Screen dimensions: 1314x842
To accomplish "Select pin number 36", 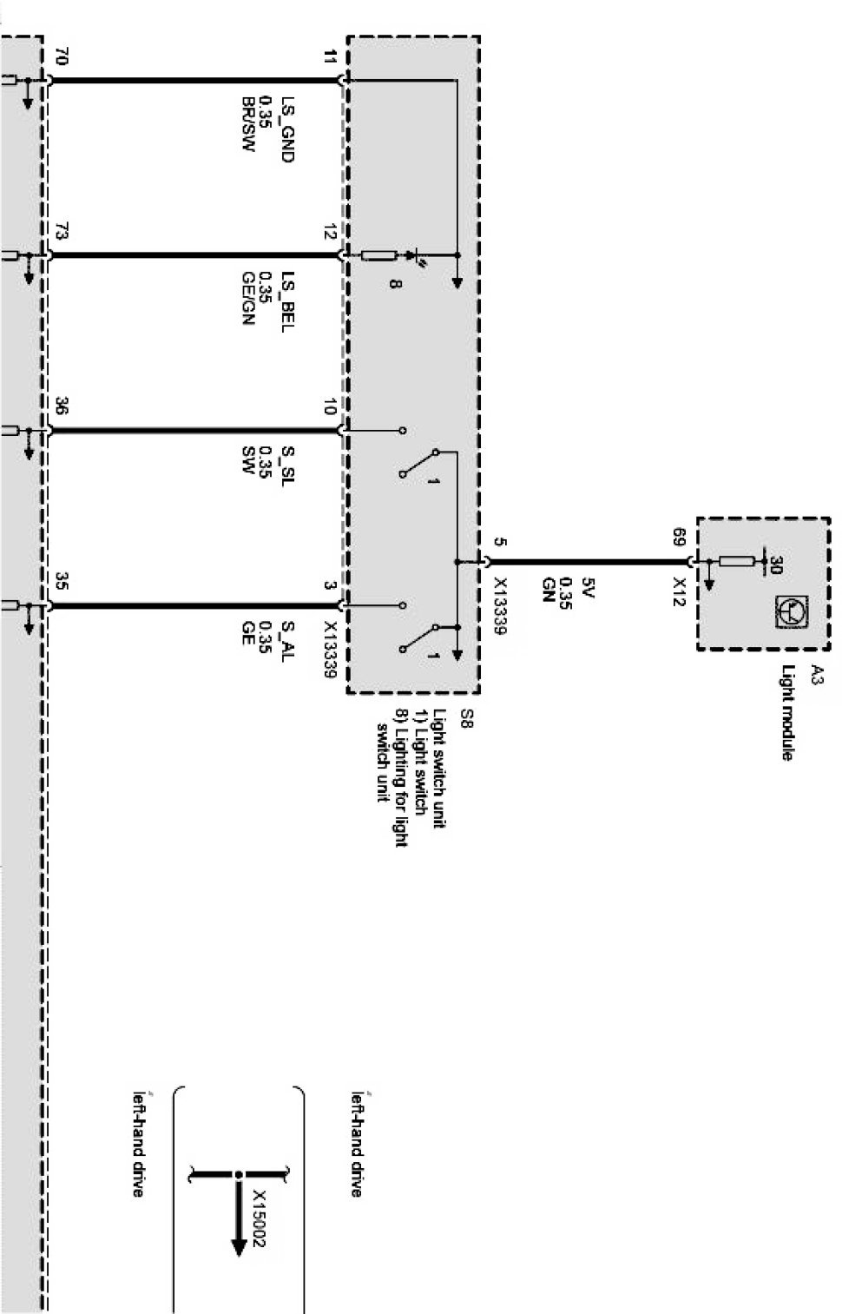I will [x=61, y=406].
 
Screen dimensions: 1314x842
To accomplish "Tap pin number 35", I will [x=61, y=580].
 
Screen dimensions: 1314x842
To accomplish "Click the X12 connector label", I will [x=680, y=589].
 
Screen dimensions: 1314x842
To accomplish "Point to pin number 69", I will [x=680, y=536].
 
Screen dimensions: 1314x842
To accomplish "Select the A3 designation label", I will [x=816, y=673].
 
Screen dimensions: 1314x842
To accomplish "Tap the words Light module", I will [x=787, y=713].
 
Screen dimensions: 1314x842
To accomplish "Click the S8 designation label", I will [x=465, y=717].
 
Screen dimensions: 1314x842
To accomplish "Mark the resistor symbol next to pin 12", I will [x=378, y=255].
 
